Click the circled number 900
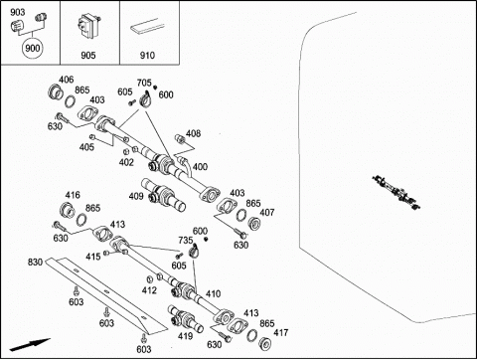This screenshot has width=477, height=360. pyautogui.click(x=32, y=48)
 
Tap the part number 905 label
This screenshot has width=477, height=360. pyautogui.click(x=88, y=55)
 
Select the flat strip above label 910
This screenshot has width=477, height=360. pyautogui.click(x=147, y=26)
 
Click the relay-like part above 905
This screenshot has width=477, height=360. pyautogui.click(x=88, y=25)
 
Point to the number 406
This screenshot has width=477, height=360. pyautogui.click(x=67, y=80)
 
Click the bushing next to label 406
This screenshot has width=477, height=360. pyautogui.click(x=56, y=92)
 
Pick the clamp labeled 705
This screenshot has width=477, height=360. pyautogui.click(x=145, y=99)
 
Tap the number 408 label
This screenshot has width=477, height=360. pyautogui.click(x=193, y=133)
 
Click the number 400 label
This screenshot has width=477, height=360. pyautogui.click(x=200, y=166)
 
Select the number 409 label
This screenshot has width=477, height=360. pyautogui.click(x=136, y=196)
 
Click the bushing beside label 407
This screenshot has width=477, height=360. pyautogui.click(x=254, y=224)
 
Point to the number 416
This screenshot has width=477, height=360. pyautogui.click(x=73, y=195)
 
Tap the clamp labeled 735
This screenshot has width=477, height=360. pyautogui.click(x=194, y=252)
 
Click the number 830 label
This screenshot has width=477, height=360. pyautogui.click(x=35, y=263)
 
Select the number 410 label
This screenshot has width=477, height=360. pyautogui.click(x=213, y=293)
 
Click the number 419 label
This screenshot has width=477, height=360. pyautogui.click(x=185, y=336)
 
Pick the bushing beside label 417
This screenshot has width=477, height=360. pyautogui.click(x=265, y=344)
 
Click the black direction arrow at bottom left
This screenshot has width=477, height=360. pyautogui.click(x=30, y=345)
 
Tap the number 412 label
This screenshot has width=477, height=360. pyautogui.click(x=149, y=290)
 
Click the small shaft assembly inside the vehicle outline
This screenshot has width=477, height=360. pyautogui.click(x=397, y=193)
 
